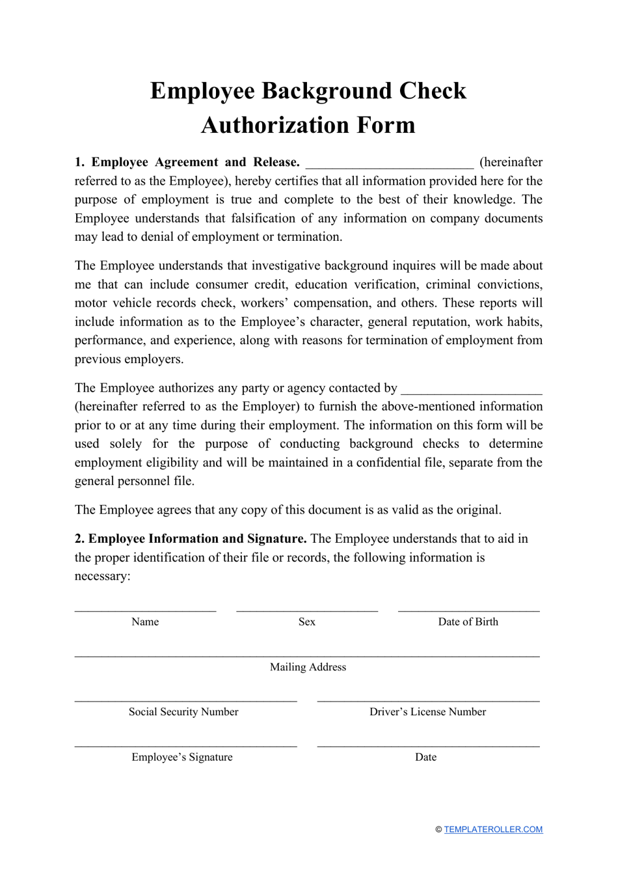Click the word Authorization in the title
coord(268,125)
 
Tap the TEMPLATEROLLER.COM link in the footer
coord(493,829)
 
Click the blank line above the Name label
coord(145,610)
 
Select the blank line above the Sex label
coord(307,610)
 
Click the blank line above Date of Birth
coord(468,610)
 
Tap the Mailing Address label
coord(308,667)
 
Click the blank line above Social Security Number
coord(185,700)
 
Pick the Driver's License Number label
coord(427,712)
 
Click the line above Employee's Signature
coord(185,745)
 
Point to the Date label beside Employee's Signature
coord(425,757)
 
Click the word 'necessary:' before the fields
coord(102,576)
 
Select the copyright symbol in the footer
coord(438,830)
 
